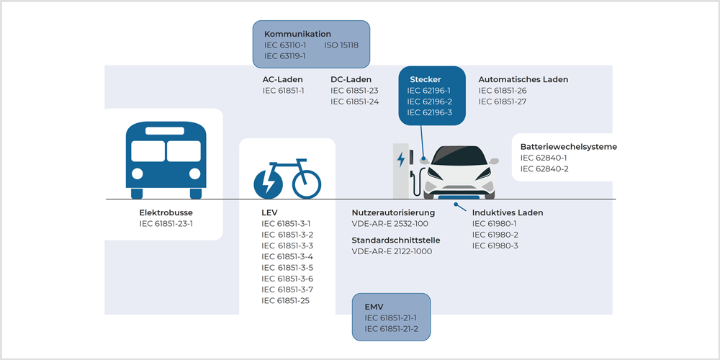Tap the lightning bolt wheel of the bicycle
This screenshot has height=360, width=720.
pyautogui.click(x=268, y=183)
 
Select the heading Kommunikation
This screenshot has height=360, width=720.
pyautogui.click(x=297, y=34)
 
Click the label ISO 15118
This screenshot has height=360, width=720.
pyautogui.click(x=341, y=45)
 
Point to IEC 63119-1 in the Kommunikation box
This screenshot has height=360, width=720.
pyautogui.click(x=285, y=55)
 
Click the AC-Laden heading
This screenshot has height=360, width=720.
pyautogui.click(x=282, y=79)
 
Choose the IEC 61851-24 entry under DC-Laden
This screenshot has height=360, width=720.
pyautogui.click(x=354, y=102)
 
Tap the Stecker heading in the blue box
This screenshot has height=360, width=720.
pyautogui.click(x=426, y=79)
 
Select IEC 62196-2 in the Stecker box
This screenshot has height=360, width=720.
pyautogui.click(x=429, y=102)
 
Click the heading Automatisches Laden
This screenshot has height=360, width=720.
pyautogui.click(x=523, y=79)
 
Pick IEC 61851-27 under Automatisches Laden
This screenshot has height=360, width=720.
pyautogui.click(x=503, y=102)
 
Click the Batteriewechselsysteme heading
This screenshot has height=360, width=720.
pyautogui.click(x=569, y=147)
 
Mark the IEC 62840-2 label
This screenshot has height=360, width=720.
pyautogui.click(x=544, y=168)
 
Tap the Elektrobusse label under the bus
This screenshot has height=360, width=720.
pyautogui.click(x=166, y=213)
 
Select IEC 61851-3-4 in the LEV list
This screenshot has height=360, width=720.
pyautogui.click(x=287, y=256)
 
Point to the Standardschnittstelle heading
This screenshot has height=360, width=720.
pyautogui.click(x=396, y=240)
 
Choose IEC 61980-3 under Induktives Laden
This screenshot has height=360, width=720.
pyautogui.click(x=495, y=246)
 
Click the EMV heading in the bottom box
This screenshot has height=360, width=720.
pyautogui.click(x=374, y=307)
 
